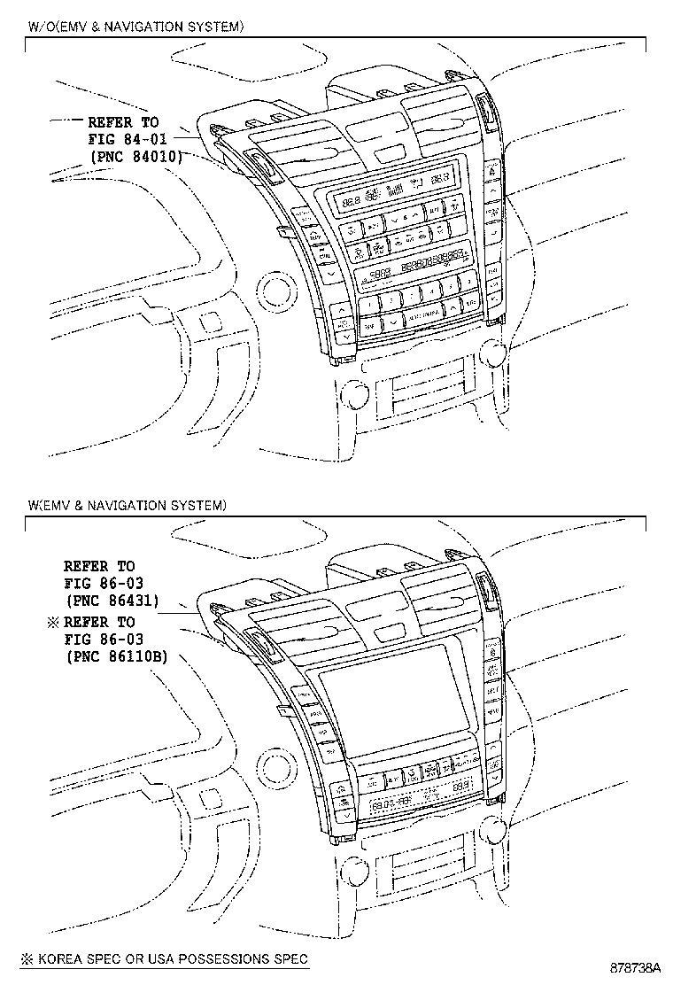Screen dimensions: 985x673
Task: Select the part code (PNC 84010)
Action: pyautogui.click(x=135, y=156)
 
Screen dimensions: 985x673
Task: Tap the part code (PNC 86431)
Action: pyautogui.click(x=112, y=600)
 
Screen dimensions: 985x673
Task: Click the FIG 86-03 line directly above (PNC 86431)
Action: pyautogui.click(x=104, y=583)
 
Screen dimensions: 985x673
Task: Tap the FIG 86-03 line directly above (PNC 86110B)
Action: pyautogui.click(x=104, y=639)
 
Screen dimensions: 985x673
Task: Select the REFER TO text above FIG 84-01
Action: pyautogui.click(x=123, y=122)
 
